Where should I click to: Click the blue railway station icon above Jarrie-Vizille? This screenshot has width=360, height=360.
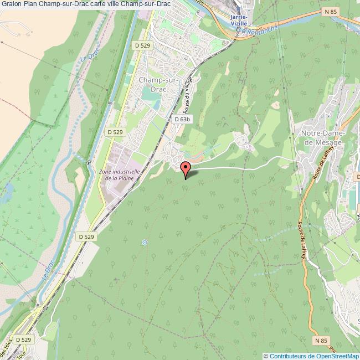pyautogui.click(x=239, y=9)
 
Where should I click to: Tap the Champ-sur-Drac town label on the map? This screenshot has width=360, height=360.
pyautogui.click(x=158, y=84)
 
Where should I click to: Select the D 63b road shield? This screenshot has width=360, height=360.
pyautogui.click(x=182, y=119)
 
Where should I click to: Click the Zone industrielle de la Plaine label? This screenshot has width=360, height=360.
pyautogui.click(x=119, y=175)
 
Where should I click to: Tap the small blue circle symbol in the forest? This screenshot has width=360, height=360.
pyautogui.click(x=145, y=242)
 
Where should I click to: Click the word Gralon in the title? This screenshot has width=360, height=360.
pyautogui.click(x=11, y=4)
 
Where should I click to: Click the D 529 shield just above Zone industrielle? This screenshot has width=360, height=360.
pyautogui.click(x=115, y=132)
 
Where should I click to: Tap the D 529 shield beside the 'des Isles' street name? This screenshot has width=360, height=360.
pyautogui.click(x=23, y=339)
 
